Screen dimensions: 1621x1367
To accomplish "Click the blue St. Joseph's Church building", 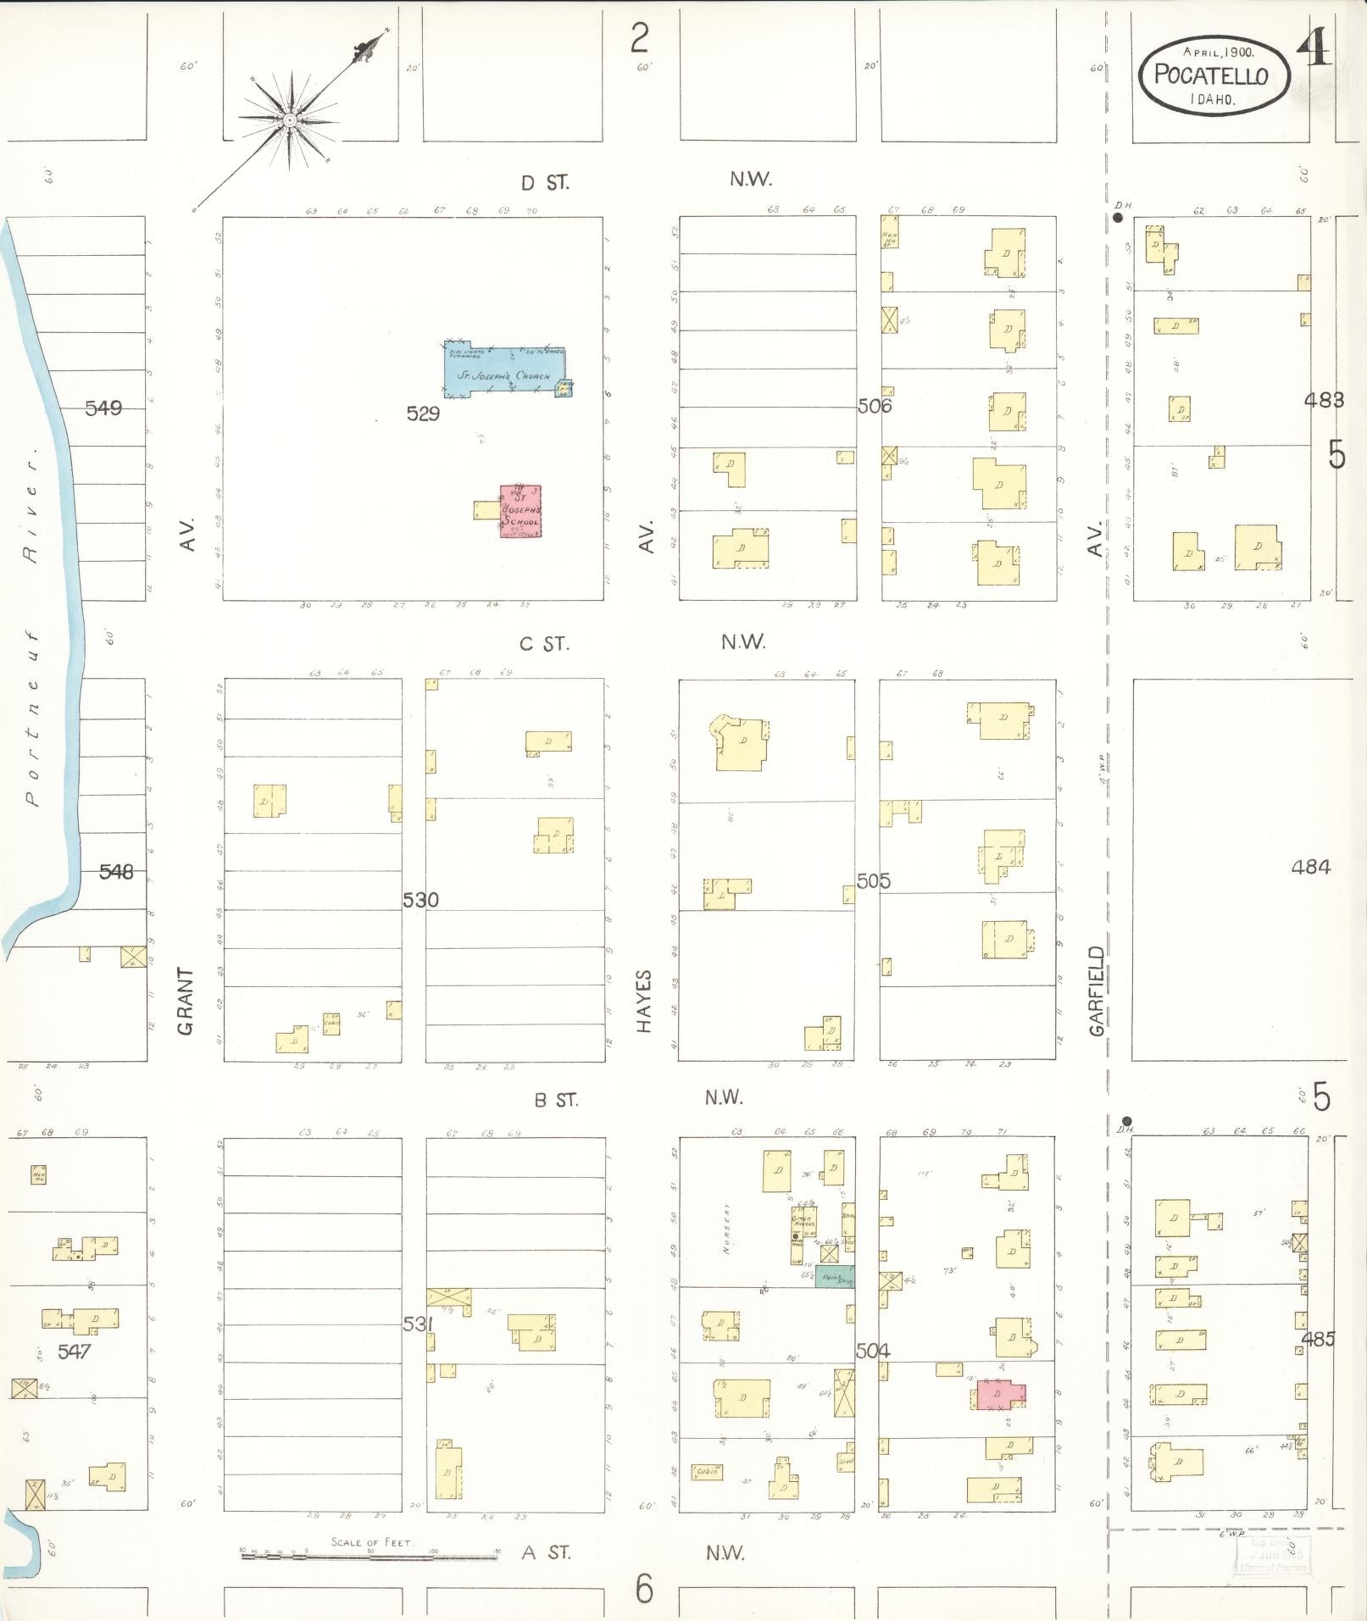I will pos(504,372).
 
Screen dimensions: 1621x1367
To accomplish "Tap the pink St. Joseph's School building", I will pos(520,511).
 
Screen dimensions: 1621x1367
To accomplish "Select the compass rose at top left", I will pos(290,121).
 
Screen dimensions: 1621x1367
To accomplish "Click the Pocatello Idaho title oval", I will pos(1212,75).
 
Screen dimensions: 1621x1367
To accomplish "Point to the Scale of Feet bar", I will pos(370,1554).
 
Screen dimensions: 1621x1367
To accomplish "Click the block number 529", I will pos(423,414).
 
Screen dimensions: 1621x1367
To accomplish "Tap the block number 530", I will pos(420,900).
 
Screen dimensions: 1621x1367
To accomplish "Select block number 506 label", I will pos(874,406).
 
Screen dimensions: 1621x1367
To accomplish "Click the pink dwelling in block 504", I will pos(1000,1394).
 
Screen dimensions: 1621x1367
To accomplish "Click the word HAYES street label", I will pos(644,1001).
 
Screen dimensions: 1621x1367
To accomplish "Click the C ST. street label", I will pos(544,644).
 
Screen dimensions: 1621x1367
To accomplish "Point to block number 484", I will pos(1310,867).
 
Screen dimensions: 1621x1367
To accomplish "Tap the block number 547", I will pos(74,1352).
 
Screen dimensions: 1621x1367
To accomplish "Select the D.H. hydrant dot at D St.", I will pos(1119,218).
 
